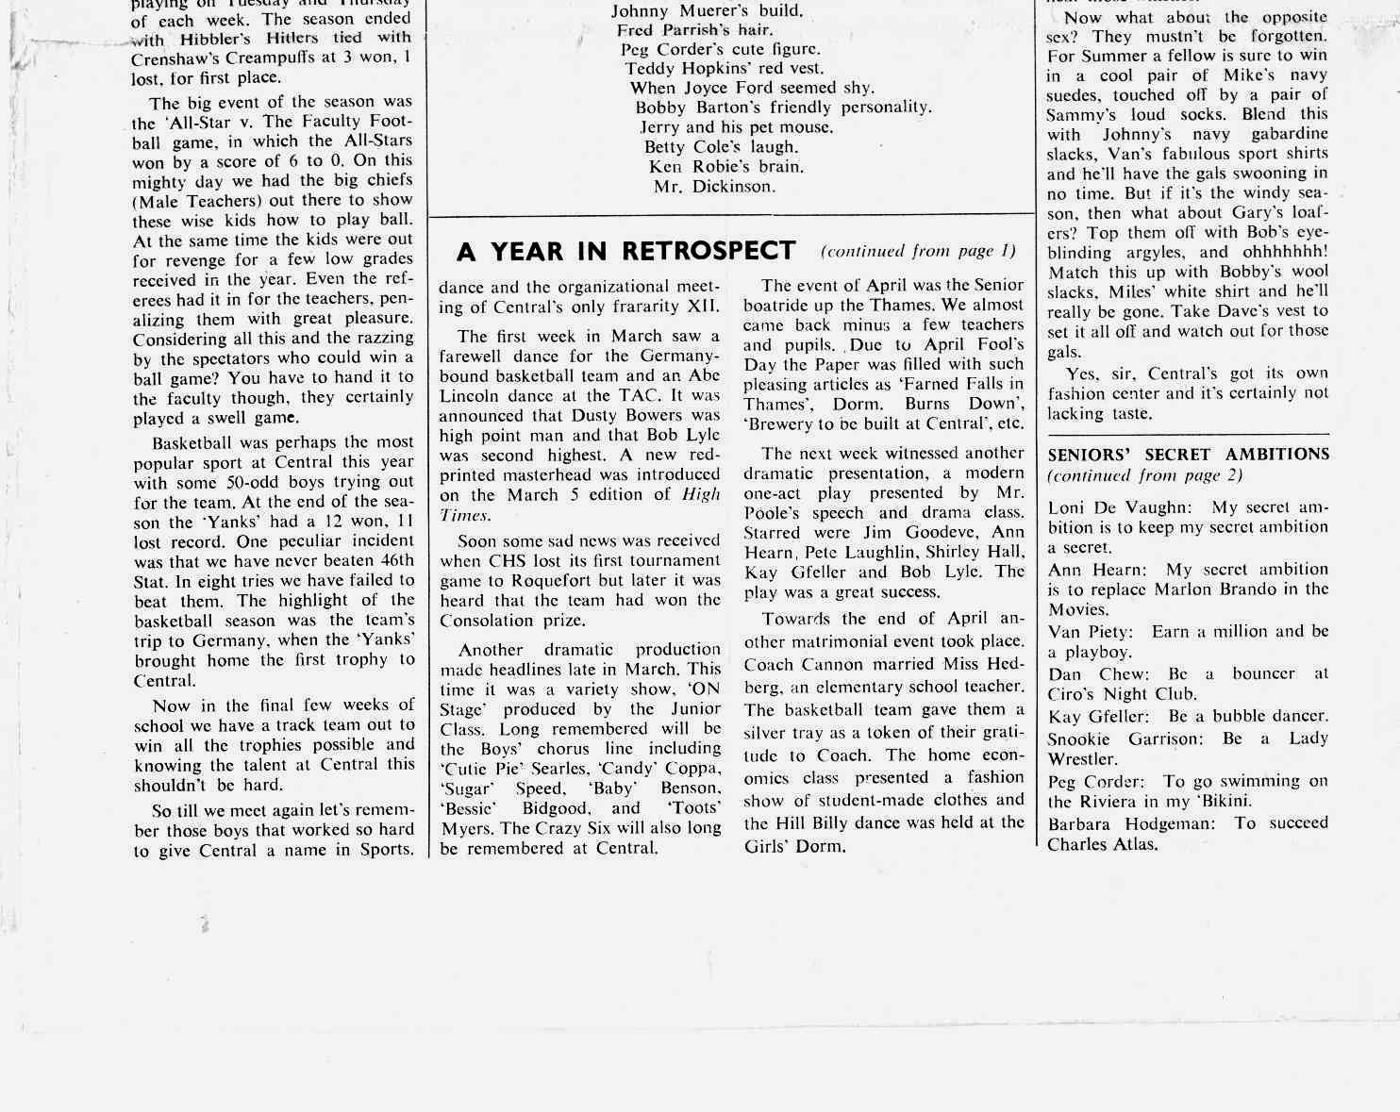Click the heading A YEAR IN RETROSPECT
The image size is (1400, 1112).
[x=625, y=251]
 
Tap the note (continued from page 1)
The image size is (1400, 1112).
[x=918, y=251]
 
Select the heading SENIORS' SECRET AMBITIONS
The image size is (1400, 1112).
[x=1188, y=455]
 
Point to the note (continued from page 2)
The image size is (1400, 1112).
[x=1144, y=476]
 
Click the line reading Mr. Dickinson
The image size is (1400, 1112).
[x=714, y=187]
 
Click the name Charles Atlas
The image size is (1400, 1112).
[x=1101, y=844]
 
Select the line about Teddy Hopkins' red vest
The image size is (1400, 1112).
[x=724, y=68]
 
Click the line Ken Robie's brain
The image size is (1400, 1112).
[x=725, y=167]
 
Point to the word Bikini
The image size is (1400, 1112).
[x=1220, y=802]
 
